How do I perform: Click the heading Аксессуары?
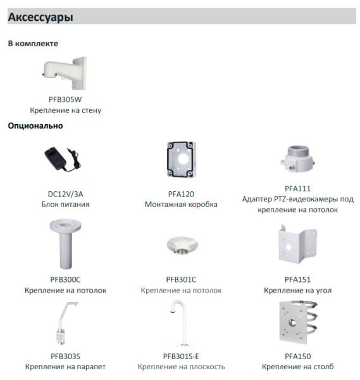point(40,18)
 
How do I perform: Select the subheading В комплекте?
point(33,44)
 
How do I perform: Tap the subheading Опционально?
point(35,125)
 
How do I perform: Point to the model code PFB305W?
point(65,99)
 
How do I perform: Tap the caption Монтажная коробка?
point(181,205)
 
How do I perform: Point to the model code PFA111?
point(297,188)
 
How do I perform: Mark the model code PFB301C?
point(181,279)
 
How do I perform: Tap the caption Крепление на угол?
point(297,291)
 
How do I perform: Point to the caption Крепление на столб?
point(297,367)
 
